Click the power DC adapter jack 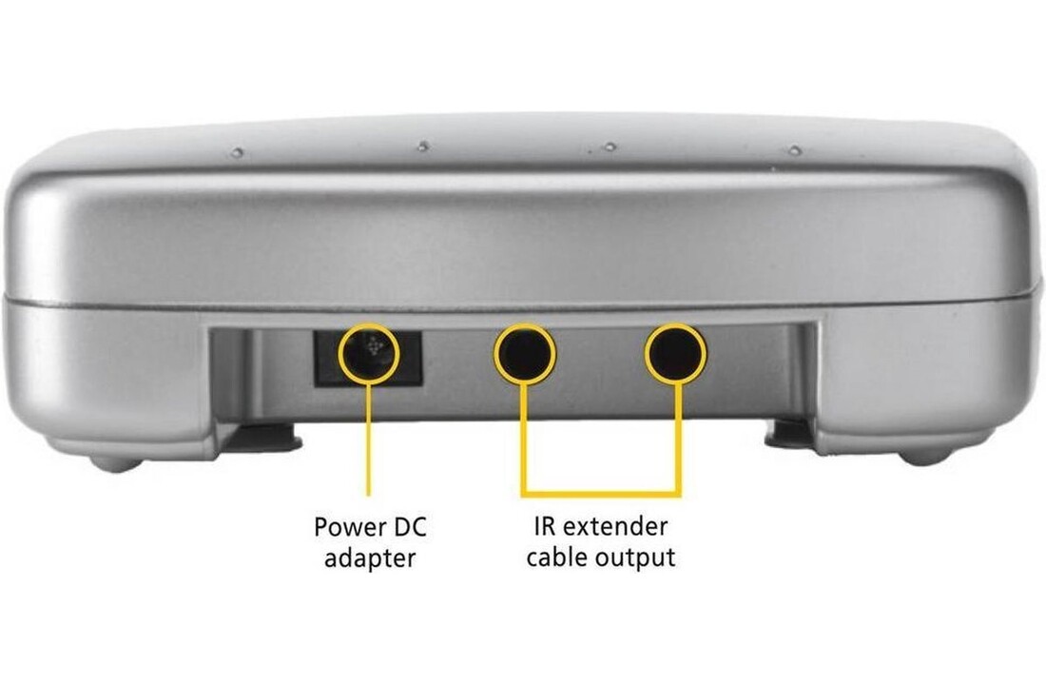click(368, 354)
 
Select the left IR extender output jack click(525, 354)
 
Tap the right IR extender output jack click(676, 354)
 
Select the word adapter click(370, 558)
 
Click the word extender click(614, 526)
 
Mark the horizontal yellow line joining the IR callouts click(601, 494)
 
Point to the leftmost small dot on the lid click(237, 153)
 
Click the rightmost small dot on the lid click(794, 150)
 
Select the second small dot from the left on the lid click(422, 147)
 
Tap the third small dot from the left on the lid click(609, 147)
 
